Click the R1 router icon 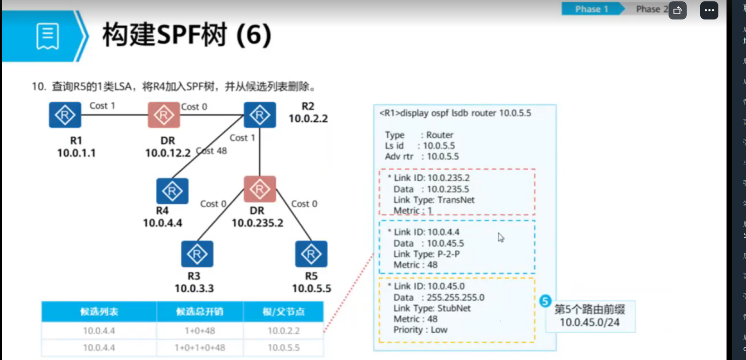[x=65, y=115]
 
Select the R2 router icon [x=260, y=115]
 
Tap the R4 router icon [x=172, y=191]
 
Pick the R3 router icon [x=197, y=254]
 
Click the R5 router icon [x=311, y=254]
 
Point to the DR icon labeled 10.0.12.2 [x=164, y=115]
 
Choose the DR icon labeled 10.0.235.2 [x=260, y=189]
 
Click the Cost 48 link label [x=212, y=151]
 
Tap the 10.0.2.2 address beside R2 [x=308, y=119]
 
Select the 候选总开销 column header [x=199, y=312]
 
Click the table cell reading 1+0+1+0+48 [x=199, y=348]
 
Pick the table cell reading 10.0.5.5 [x=284, y=348]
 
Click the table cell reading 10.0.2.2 [x=284, y=331]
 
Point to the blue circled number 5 [x=545, y=301]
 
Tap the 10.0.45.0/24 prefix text [x=589, y=322]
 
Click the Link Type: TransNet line [x=433, y=200]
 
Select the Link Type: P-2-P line [x=426, y=254]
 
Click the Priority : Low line [x=420, y=330]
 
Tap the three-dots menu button [x=709, y=10]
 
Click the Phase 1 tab [x=591, y=9]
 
